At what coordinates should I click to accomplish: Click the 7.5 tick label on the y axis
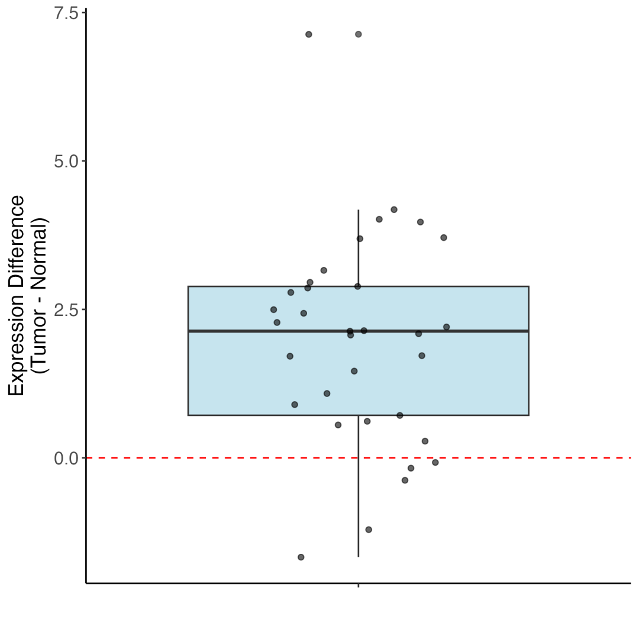tap(66, 13)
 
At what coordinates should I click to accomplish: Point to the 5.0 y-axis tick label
tap(66, 161)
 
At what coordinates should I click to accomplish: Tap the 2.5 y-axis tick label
tap(66, 309)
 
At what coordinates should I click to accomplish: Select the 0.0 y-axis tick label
tap(66, 458)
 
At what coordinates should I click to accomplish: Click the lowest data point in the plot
tap(301, 557)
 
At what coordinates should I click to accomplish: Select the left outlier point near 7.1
tap(308, 34)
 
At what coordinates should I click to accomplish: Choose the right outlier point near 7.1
tap(358, 34)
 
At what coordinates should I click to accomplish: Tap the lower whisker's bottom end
tap(358, 556)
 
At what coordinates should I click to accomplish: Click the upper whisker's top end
tap(358, 210)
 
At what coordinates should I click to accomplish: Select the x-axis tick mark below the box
tap(358, 586)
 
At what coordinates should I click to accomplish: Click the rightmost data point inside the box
tap(446, 327)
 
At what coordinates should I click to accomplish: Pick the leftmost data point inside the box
tap(273, 309)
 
